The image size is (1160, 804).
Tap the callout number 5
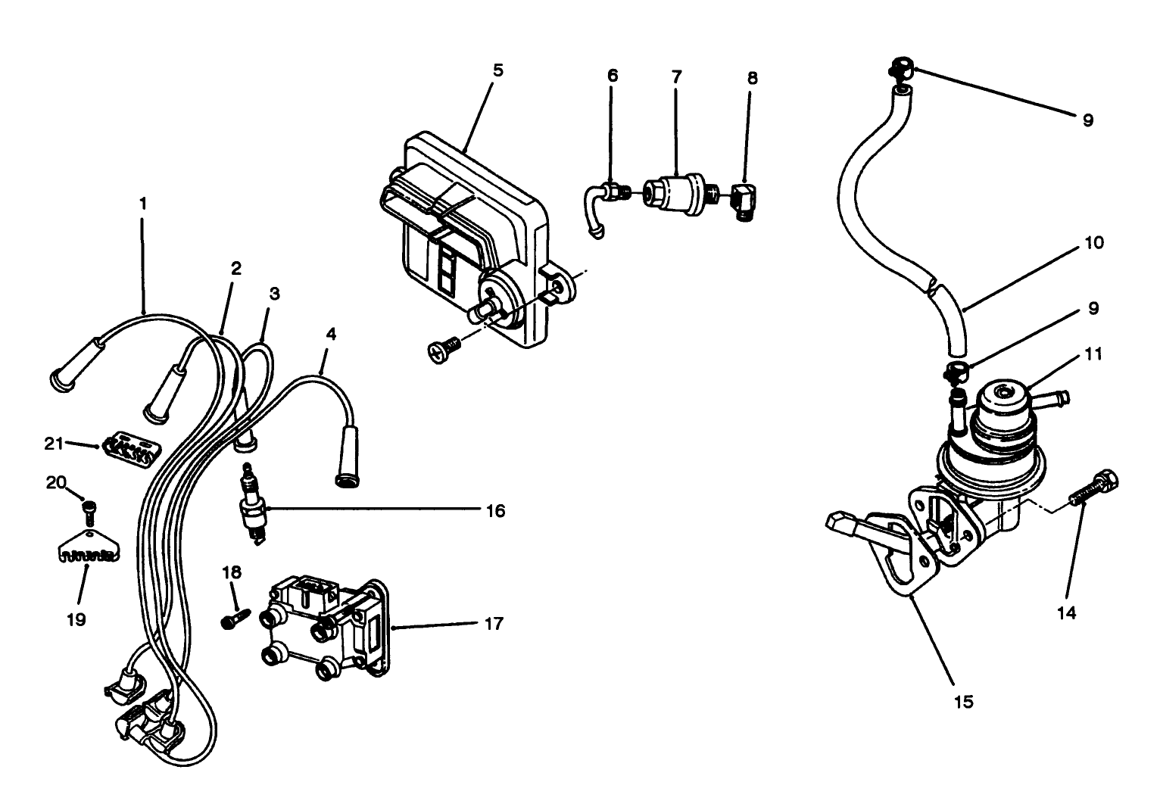point(497,70)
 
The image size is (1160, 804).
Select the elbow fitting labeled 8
point(744,201)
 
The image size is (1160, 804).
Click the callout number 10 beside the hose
point(1095,243)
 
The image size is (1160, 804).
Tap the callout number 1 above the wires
point(142,204)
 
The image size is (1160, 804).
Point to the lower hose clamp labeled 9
point(957,371)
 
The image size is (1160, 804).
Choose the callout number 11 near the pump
point(1093,354)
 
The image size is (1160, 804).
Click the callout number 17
point(493,625)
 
